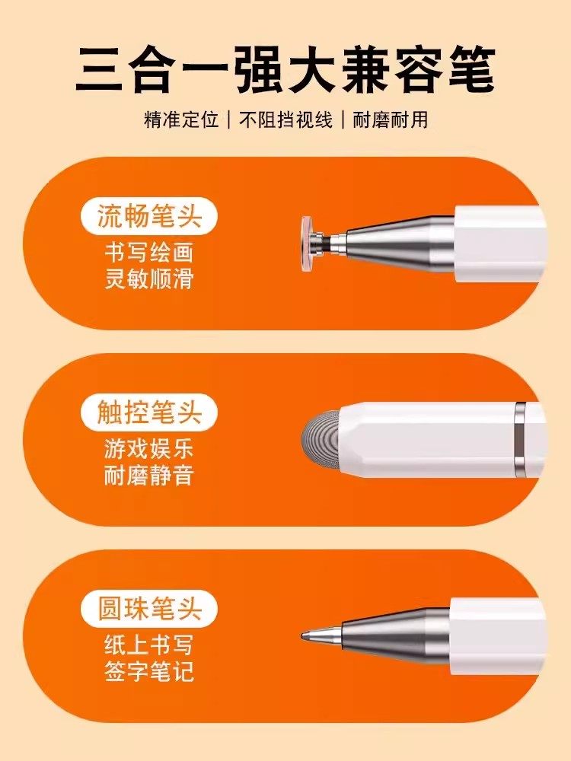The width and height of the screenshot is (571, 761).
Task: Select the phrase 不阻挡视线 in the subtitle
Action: (286, 119)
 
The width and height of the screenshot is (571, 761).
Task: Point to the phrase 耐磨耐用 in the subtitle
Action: (394, 119)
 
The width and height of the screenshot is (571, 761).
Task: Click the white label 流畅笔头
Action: (149, 216)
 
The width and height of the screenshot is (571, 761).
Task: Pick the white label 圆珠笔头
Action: (149, 609)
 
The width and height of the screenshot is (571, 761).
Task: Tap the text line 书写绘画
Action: (149, 253)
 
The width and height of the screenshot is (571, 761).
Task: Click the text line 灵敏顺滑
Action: (149, 279)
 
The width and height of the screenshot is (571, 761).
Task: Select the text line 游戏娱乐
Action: (149, 449)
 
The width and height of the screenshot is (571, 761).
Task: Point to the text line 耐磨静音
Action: (149, 476)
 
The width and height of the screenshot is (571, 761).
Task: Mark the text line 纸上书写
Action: (149, 645)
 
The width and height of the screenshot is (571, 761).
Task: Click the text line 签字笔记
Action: (149, 672)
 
